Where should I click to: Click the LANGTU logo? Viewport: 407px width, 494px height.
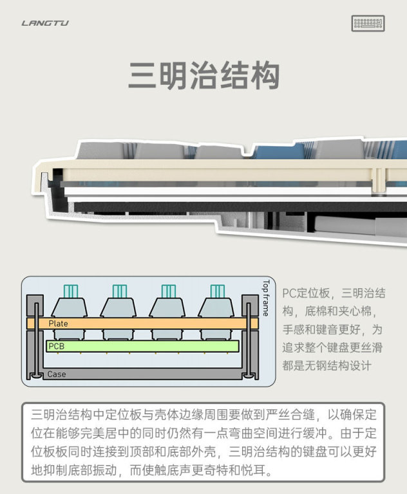click(45, 23)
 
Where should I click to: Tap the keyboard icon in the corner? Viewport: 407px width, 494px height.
click(368, 23)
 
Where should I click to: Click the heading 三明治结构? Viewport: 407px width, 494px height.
click(203, 75)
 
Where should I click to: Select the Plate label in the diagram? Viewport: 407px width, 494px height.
click(58, 324)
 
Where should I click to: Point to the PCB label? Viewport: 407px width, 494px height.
click(56, 346)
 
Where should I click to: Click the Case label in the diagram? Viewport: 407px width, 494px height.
click(57, 374)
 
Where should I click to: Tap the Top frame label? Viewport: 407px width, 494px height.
click(266, 298)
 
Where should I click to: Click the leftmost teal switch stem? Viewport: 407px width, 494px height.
click(71, 291)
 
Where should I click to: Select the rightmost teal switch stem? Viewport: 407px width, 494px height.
click(218, 291)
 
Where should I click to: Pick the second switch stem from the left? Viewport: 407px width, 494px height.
click(120, 291)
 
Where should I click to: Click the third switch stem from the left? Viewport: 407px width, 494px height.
click(169, 291)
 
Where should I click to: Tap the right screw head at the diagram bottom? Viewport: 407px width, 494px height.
click(249, 375)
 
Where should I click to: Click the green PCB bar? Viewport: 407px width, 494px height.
click(142, 346)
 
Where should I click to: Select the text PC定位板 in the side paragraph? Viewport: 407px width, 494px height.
click(306, 293)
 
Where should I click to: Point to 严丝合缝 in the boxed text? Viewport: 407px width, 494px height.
click(290, 415)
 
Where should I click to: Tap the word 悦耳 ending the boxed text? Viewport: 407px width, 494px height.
click(253, 470)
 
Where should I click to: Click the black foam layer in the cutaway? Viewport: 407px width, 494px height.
click(240, 207)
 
